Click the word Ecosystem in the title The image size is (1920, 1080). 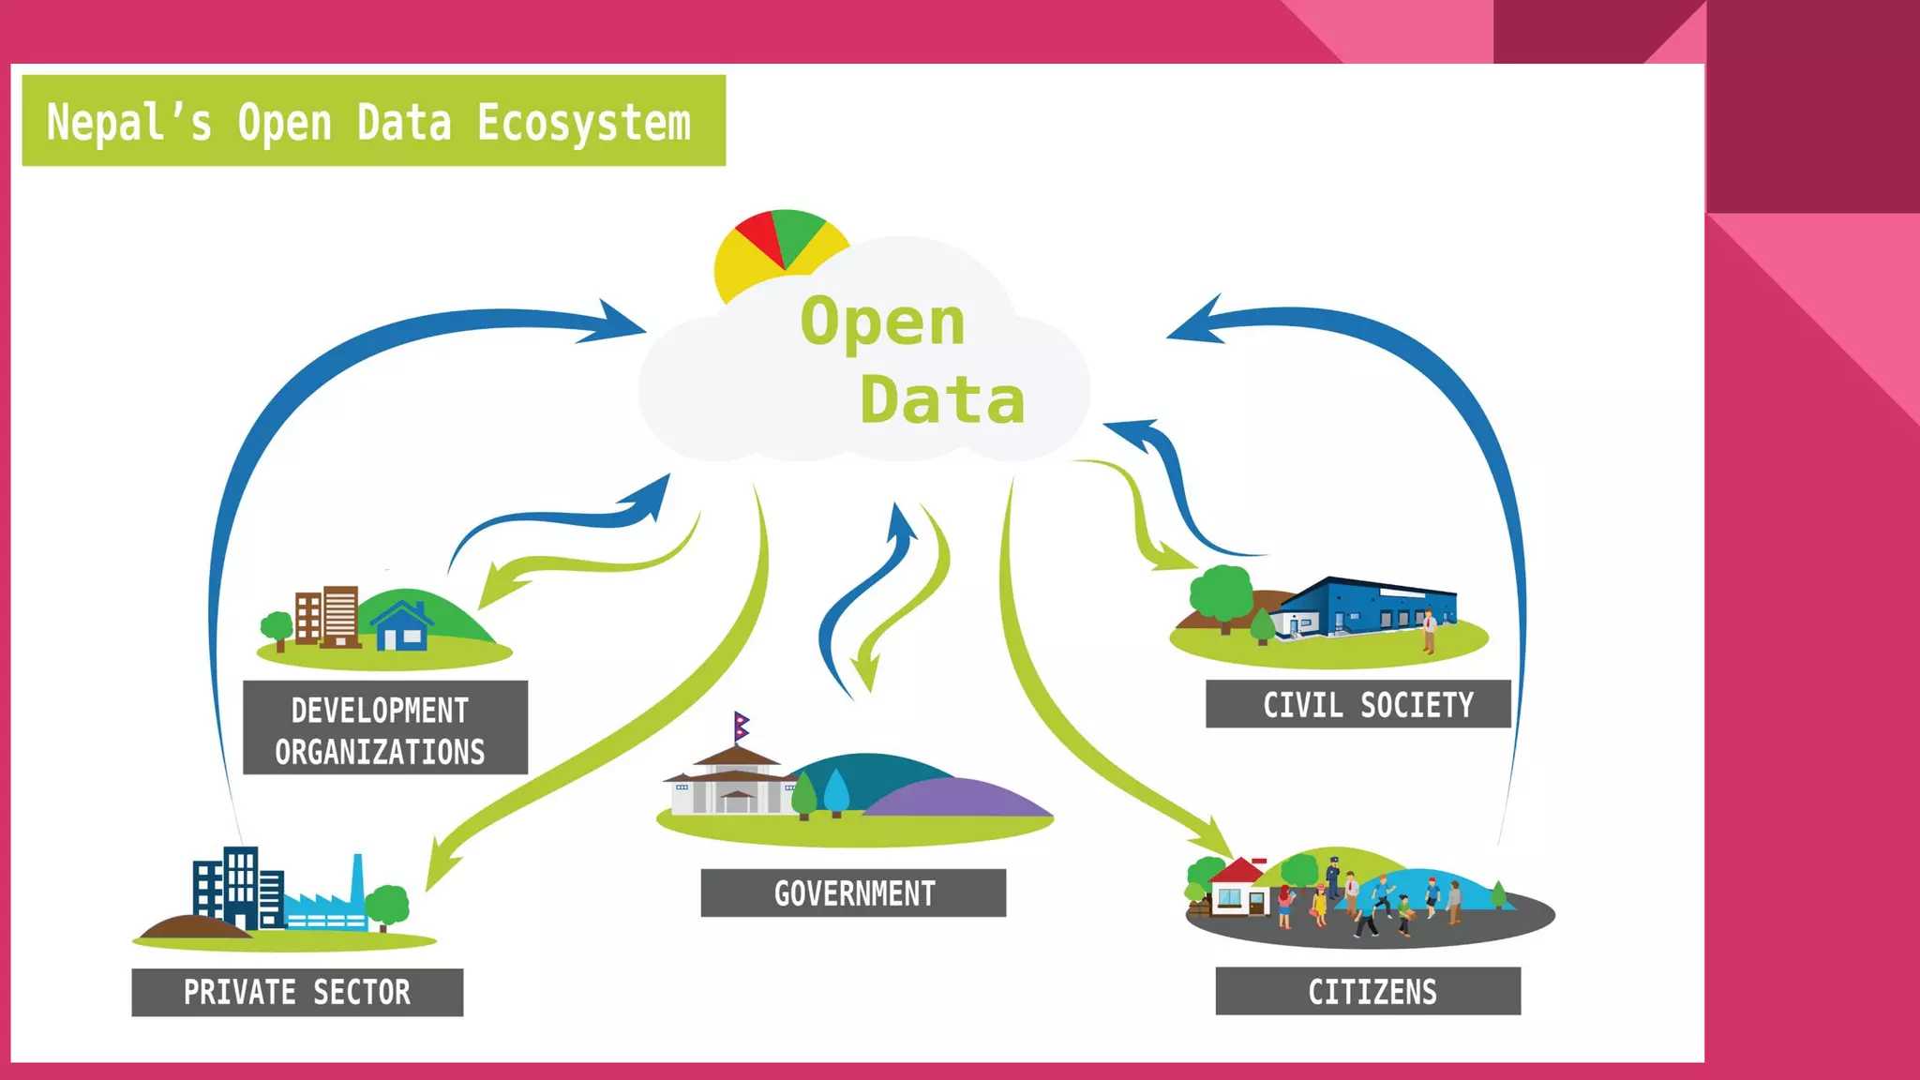583,123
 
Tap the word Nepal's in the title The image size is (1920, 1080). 129,123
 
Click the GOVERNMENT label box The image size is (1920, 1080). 853,892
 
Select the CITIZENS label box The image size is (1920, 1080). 1368,991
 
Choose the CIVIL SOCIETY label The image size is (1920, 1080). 1358,704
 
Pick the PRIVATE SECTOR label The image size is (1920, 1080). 297,992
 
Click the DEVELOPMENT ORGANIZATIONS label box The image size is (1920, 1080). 385,727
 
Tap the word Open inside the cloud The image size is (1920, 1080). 882,322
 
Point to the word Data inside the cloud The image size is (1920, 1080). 942,400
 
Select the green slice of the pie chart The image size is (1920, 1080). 797,232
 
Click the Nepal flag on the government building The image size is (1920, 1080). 742,725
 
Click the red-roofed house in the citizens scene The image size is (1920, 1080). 1236,887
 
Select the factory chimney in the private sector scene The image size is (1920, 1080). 357,877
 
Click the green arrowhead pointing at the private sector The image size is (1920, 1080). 439,867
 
